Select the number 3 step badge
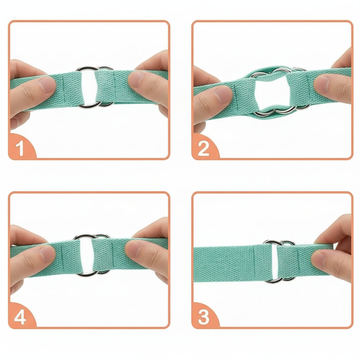click(204, 317)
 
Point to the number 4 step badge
click(20, 317)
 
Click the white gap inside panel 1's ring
click(88, 86)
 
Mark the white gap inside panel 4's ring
click(86, 255)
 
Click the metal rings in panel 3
click(279, 243)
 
